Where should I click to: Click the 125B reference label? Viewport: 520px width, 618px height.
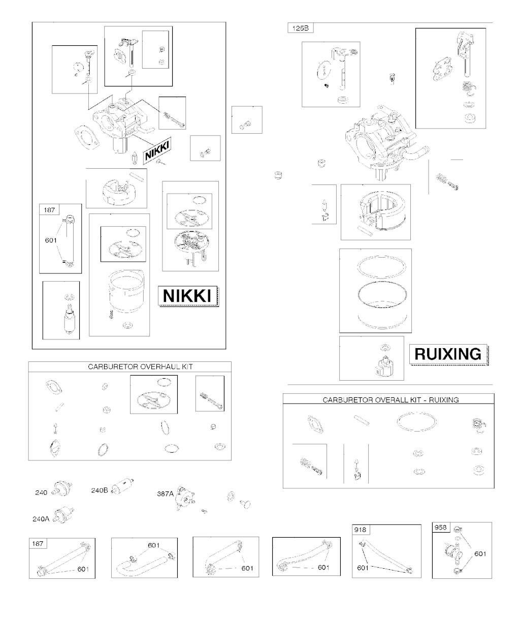[300, 28]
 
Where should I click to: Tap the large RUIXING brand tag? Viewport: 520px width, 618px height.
[448, 354]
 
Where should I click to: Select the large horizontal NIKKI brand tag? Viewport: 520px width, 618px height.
[187, 295]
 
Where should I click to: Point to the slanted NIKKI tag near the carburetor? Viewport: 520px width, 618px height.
[157, 150]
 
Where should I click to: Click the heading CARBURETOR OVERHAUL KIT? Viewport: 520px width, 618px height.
[140, 367]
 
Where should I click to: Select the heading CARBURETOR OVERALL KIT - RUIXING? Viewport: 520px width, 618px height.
[391, 400]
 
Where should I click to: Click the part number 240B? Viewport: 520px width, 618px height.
[100, 490]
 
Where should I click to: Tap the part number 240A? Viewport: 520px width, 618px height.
[41, 519]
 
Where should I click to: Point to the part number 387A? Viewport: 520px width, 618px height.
[166, 493]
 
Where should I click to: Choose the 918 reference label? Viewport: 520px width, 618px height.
[360, 530]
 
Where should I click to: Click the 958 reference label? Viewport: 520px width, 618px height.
[440, 527]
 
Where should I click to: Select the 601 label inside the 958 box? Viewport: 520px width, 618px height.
[480, 554]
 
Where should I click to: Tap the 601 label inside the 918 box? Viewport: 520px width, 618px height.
[363, 567]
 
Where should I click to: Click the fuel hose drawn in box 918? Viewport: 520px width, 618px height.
[385, 557]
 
